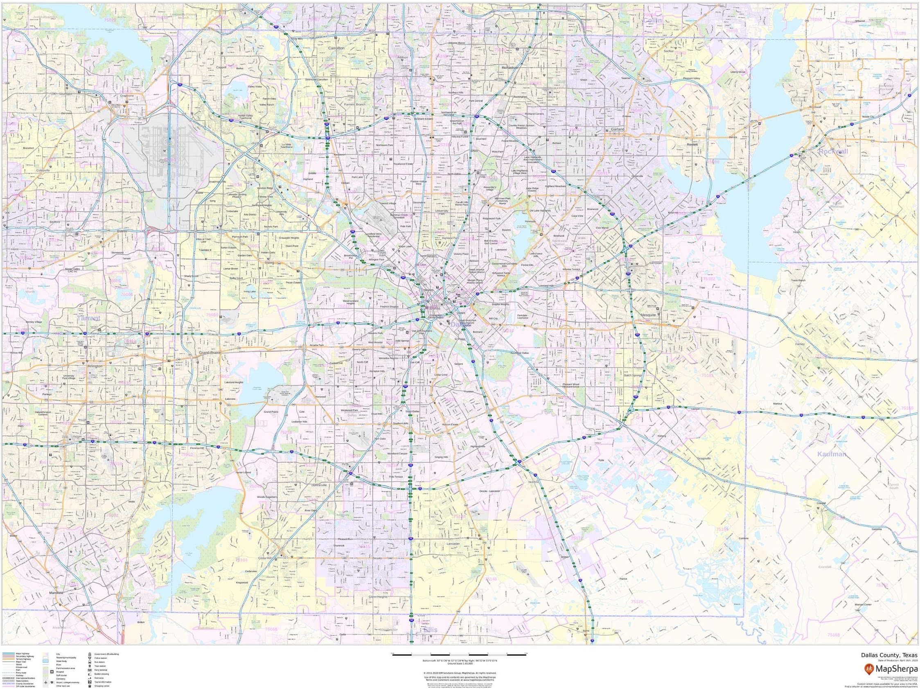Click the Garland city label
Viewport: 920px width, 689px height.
[x=617, y=129]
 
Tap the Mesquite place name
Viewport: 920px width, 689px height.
[x=648, y=315]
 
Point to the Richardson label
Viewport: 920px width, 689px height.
[x=510, y=68]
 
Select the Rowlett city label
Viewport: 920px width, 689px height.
[x=692, y=145]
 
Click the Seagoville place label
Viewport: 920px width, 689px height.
[x=704, y=458]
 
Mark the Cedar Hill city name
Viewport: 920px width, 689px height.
[x=264, y=558]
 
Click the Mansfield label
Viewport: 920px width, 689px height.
[x=56, y=592]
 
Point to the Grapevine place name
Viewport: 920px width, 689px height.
[x=127, y=96]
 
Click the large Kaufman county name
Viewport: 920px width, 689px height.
[x=832, y=454]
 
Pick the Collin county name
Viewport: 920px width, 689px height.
[x=652, y=20]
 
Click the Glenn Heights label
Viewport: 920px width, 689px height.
[x=378, y=596]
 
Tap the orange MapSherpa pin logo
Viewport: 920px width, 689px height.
[x=868, y=669]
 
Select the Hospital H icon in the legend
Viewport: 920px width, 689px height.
[x=52, y=672]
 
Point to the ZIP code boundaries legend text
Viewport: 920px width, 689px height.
[x=25, y=686]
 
